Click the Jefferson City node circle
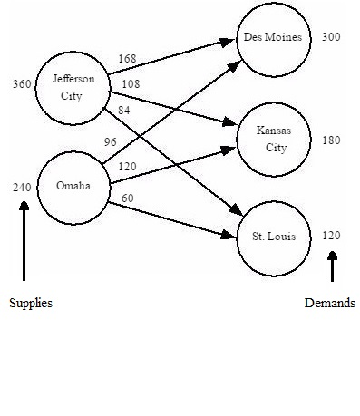pos(73,87)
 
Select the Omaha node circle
pos(73,186)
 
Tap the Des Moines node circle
pos(273,38)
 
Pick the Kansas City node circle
pos(273,139)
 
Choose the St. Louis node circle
pos(273,237)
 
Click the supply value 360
pos(22,84)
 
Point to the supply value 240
pos(22,188)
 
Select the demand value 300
pos(331,37)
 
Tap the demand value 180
pos(331,140)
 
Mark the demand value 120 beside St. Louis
pos(331,236)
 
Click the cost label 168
pos(127,59)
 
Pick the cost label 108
pos(131,84)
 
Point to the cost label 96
pos(111,141)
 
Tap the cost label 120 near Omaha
pos(127,167)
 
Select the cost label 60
pos(127,198)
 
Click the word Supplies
pos(31,304)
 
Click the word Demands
pos(329,304)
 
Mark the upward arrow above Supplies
pos(24,240)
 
